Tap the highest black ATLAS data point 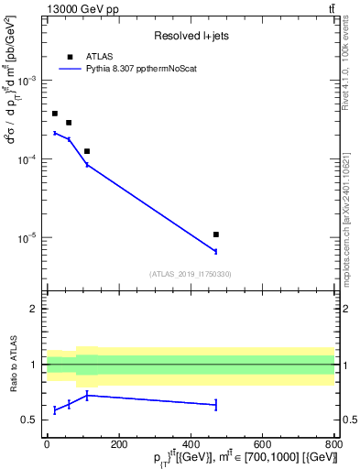pos(55,114)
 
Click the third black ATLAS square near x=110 pos(87,151)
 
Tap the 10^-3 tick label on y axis pos(27,81)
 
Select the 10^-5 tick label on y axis pos(27,238)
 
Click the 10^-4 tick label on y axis pos(27,159)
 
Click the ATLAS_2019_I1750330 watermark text pos(191,274)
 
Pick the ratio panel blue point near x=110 pos(87,395)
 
